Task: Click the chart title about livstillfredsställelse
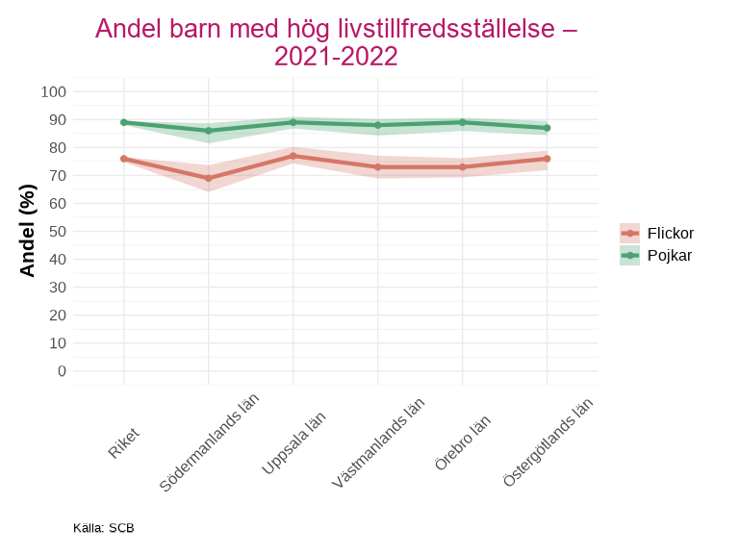tap(336, 42)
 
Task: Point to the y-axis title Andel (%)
tap(28, 231)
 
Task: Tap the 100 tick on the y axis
tap(54, 91)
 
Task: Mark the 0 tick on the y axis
tap(62, 370)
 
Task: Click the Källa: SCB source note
tap(104, 528)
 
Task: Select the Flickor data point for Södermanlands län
tap(209, 178)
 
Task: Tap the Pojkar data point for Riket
tap(124, 122)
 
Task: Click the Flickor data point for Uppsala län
tap(293, 156)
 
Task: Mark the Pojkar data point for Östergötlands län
tap(548, 128)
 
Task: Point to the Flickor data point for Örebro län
tap(463, 166)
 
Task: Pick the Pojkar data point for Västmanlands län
tap(378, 125)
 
